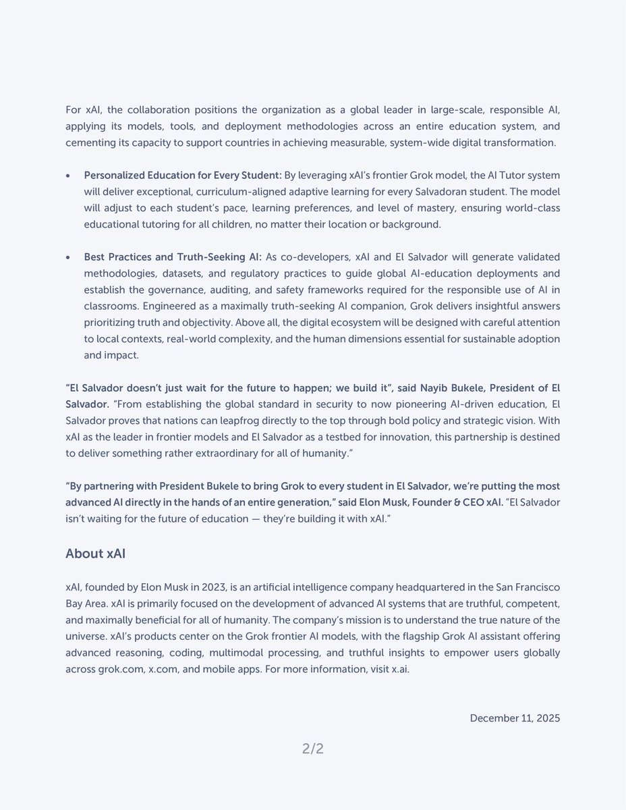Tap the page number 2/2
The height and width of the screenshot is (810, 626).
[312, 748]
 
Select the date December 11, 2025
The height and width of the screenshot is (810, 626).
[515, 718]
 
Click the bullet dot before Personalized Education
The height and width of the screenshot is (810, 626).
[67, 175]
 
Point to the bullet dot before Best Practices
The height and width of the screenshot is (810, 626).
[67, 257]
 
